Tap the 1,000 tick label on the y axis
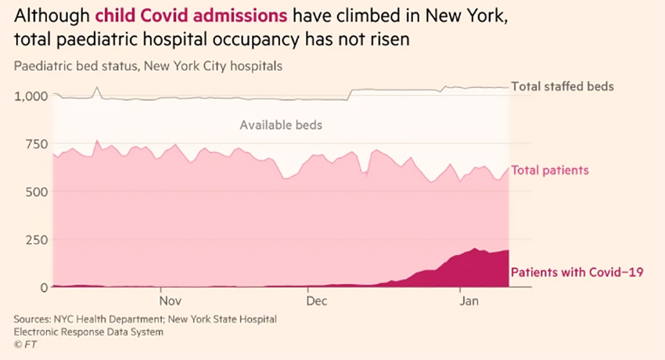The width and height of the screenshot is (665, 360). pos(31,95)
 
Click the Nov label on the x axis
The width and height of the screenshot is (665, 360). pos(170,301)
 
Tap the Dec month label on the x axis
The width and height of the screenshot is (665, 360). pos(317,301)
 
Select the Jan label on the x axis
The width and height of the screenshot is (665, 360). pos(469,301)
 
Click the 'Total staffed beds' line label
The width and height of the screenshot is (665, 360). pos(562,87)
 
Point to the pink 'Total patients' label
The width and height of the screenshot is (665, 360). pos(549,170)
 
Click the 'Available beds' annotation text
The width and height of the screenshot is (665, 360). pos(281,125)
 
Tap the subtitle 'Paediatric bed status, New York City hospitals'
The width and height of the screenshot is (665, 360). pos(148,66)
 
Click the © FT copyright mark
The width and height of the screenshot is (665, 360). pos(25,344)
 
